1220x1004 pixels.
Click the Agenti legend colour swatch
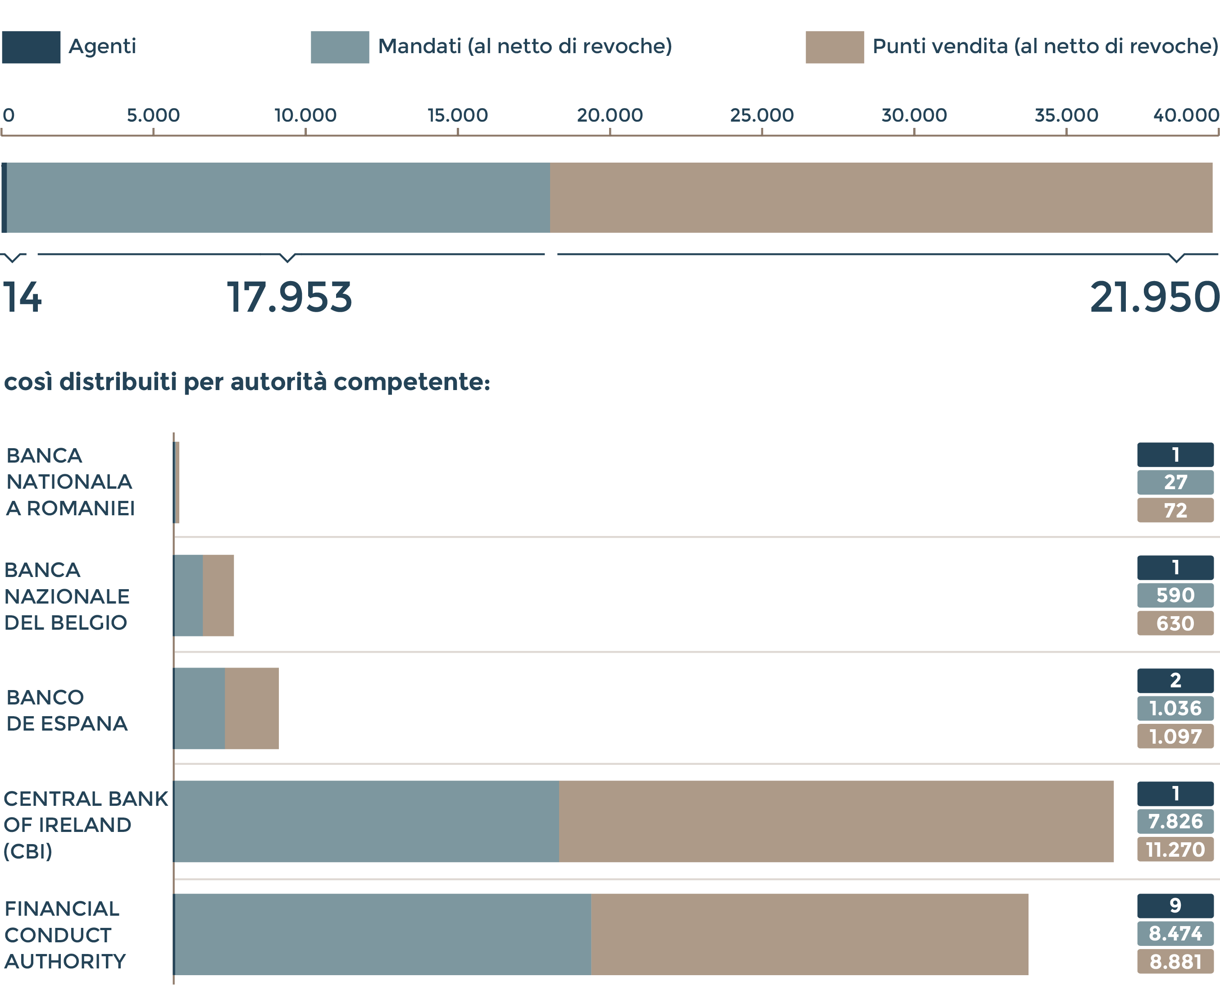pos(31,47)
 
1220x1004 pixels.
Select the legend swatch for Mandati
pos(340,47)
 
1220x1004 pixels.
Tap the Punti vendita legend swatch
pos(834,47)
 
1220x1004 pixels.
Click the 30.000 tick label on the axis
pos(914,115)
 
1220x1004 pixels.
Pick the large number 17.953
pos(289,298)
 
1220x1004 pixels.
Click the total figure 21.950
pos(1154,298)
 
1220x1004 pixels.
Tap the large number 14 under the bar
pos(22,298)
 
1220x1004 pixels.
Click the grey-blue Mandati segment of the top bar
pos(278,198)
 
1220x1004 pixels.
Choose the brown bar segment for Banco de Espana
pos(252,709)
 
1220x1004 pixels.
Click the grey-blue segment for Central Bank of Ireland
pos(366,821)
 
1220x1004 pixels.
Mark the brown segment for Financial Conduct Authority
pos(809,934)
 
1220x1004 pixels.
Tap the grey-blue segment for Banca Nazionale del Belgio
pos(188,595)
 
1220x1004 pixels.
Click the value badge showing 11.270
pos(1175,850)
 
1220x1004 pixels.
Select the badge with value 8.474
pos(1175,933)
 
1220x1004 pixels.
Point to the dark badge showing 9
pos(1175,906)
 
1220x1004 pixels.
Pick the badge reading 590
pos(1175,595)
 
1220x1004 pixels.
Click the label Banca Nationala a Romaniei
pos(70,482)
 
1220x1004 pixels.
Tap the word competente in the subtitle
pos(412,382)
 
